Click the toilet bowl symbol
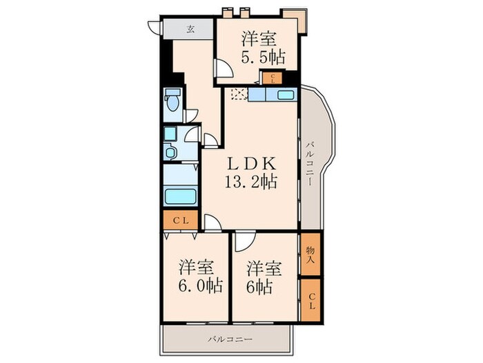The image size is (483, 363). coord(172,100)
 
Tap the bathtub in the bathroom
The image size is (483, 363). coord(181,196)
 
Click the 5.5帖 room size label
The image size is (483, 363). coord(263,57)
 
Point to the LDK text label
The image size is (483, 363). coord(250,164)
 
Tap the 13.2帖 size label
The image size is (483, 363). coord(250,181)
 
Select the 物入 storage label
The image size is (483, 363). coord(310,254)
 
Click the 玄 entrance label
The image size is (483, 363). coord(190,29)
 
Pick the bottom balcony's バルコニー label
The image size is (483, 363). coord(230,339)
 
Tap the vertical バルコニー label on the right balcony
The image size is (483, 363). coord(310,164)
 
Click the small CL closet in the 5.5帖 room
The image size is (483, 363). coord(273,78)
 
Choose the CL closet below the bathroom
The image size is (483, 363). coord(181,221)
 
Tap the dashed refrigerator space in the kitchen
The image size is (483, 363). coord(239,94)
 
